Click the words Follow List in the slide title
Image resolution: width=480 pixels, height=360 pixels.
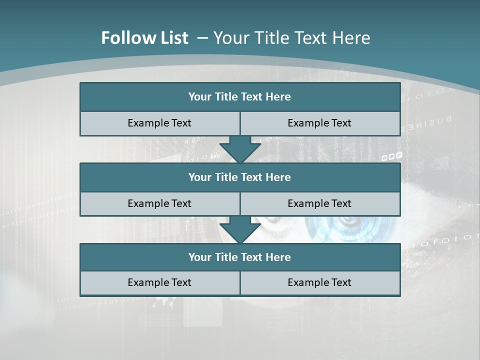tap(144, 38)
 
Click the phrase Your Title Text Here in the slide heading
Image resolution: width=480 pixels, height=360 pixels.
tap(292, 38)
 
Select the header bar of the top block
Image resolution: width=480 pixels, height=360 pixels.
tap(240, 97)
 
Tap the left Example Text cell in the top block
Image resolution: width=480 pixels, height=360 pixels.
tap(159, 123)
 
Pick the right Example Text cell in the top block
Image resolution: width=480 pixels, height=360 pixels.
tap(319, 123)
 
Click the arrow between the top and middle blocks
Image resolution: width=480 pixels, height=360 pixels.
tap(240, 149)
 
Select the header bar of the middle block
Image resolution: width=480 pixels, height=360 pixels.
tap(240, 177)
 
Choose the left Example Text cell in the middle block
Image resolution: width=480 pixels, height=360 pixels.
tap(159, 203)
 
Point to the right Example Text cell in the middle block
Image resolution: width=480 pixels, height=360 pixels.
tap(319, 203)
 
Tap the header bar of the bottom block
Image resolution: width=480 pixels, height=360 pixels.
tap(240, 257)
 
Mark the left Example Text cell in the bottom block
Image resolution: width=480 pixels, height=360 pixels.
tap(159, 282)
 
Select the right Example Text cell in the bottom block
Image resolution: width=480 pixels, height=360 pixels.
tap(319, 282)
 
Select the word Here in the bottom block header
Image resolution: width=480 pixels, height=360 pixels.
tap(278, 257)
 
